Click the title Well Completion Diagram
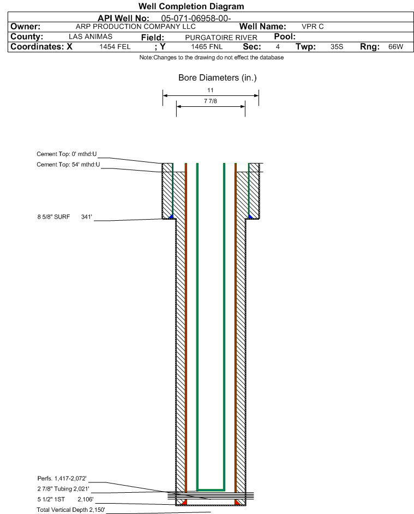tap(191, 6)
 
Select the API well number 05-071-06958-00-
tap(196, 19)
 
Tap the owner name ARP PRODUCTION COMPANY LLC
tap(135, 27)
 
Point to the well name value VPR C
tap(313, 27)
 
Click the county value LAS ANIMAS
tap(91, 37)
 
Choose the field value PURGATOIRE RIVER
tap(221, 38)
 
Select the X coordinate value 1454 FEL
tap(115, 47)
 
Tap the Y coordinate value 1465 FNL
tap(207, 47)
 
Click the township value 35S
tap(337, 47)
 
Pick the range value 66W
tap(395, 47)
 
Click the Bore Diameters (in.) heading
tap(218, 78)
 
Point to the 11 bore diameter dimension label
tap(211, 90)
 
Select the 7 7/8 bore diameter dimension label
tap(211, 101)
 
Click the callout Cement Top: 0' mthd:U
tap(67, 154)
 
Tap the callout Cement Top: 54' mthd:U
tap(68, 165)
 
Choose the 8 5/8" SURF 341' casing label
tap(64, 217)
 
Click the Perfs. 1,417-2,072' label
tap(62, 479)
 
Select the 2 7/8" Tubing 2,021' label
tap(63, 489)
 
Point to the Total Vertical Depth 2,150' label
tap(71, 510)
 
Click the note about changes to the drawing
tap(211, 57)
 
